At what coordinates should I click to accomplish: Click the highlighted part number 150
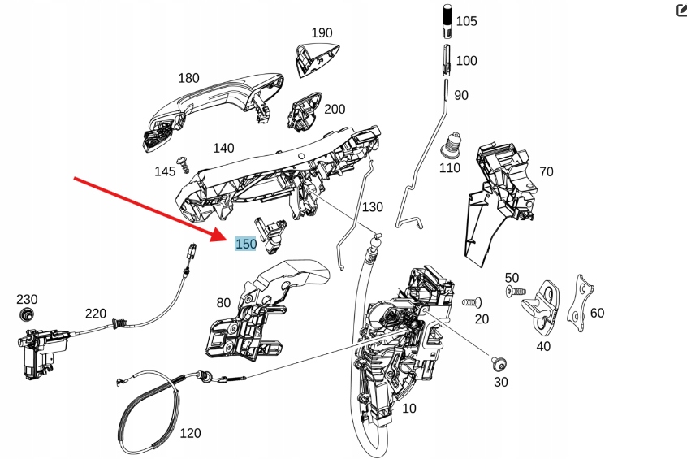pyautogui.click(x=245, y=244)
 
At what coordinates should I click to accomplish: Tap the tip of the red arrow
pyautogui.click(x=229, y=240)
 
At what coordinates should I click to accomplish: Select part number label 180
pyautogui.click(x=188, y=78)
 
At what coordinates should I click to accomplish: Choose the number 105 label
pyautogui.click(x=466, y=21)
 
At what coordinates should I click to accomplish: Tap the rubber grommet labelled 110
pyautogui.click(x=450, y=147)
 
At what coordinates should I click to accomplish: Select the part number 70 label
pyautogui.click(x=546, y=171)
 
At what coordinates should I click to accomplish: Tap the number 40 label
pyautogui.click(x=543, y=346)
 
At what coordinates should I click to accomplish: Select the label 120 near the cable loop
pyautogui.click(x=189, y=433)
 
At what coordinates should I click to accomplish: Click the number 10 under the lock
pyautogui.click(x=408, y=408)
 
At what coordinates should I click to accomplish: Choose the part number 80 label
pyautogui.click(x=223, y=303)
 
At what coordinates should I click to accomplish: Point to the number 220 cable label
pyautogui.click(x=96, y=313)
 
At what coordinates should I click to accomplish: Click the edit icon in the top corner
pyautogui.click(x=681, y=10)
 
